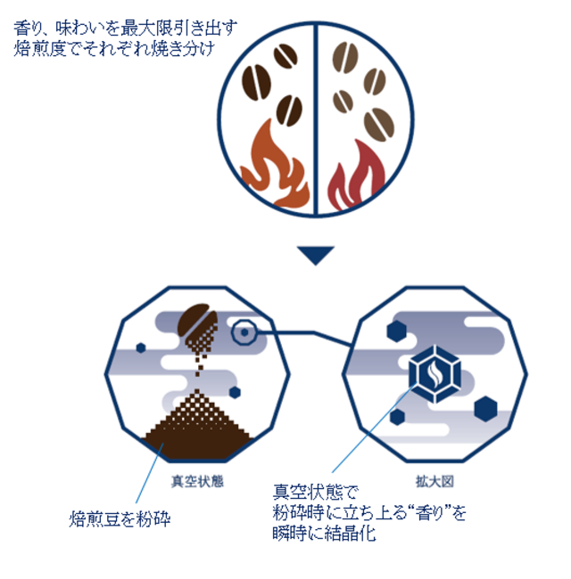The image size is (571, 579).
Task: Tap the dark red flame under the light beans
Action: pyautogui.click(x=354, y=175)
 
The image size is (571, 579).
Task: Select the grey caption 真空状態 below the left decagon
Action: pyautogui.click(x=197, y=481)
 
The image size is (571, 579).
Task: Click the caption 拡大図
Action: pyautogui.click(x=434, y=481)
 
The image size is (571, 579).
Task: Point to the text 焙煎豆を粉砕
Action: pyautogui.click(x=120, y=518)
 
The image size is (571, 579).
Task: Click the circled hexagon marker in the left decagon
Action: pyautogui.click(x=244, y=332)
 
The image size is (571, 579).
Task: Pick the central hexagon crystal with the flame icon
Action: pyautogui.click(x=434, y=374)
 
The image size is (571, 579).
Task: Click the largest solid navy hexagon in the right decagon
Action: pyautogui.click(x=485, y=409)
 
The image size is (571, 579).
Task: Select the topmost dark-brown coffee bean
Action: pyautogui.click(x=285, y=56)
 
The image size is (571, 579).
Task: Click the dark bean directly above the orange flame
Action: pyautogui.click(x=290, y=110)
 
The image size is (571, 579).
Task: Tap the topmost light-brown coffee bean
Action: pyautogui.click(x=345, y=58)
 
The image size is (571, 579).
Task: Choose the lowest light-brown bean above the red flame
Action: pyautogui.click(x=378, y=125)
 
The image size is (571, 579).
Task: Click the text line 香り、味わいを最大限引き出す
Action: pyautogui.click(x=126, y=29)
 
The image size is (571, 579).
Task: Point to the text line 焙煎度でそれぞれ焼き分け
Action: pyautogui.click(x=114, y=48)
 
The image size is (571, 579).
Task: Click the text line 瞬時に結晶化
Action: pyautogui.click(x=325, y=534)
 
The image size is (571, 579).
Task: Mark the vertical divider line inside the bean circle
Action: pyautogui.click(x=316, y=118)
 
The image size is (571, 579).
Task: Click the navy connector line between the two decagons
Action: pyautogui.click(x=304, y=337)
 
